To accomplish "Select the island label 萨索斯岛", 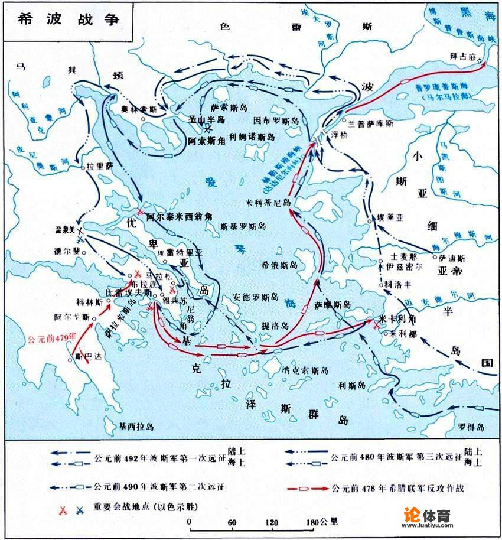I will (228, 108).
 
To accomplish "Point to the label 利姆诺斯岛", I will (251, 136).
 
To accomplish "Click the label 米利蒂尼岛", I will (269, 201).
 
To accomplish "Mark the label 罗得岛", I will (472, 427).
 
